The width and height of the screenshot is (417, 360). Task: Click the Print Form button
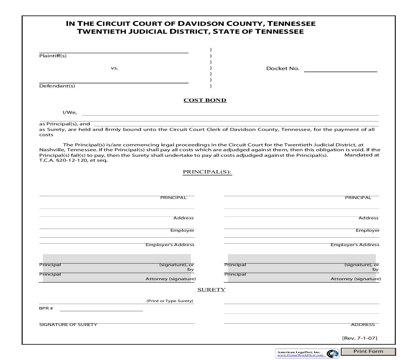click(368, 351)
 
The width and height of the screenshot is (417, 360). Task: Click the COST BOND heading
click(205, 100)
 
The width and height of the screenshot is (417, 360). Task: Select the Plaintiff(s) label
click(53, 56)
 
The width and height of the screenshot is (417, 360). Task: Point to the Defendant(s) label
click(57, 86)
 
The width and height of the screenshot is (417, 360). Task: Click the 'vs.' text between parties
click(114, 68)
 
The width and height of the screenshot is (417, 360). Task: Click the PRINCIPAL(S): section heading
click(207, 172)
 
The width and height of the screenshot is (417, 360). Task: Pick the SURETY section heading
click(211, 290)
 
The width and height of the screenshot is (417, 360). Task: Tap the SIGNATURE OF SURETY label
click(68, 325)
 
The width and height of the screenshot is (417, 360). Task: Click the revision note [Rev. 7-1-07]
click(359, 338)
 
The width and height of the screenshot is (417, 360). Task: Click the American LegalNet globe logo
click(333, 354)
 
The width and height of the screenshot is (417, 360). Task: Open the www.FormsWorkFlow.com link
click(300, 355)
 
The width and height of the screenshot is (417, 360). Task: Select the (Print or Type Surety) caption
click(169, 301)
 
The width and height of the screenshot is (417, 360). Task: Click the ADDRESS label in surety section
click(362, 325)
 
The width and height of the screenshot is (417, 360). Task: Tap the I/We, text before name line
click(70, 113)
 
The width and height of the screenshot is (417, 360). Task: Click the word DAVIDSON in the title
click(200, 24)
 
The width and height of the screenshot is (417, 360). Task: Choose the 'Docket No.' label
click(283, 68)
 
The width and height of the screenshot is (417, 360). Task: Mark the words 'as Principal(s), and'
click(64, 124)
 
